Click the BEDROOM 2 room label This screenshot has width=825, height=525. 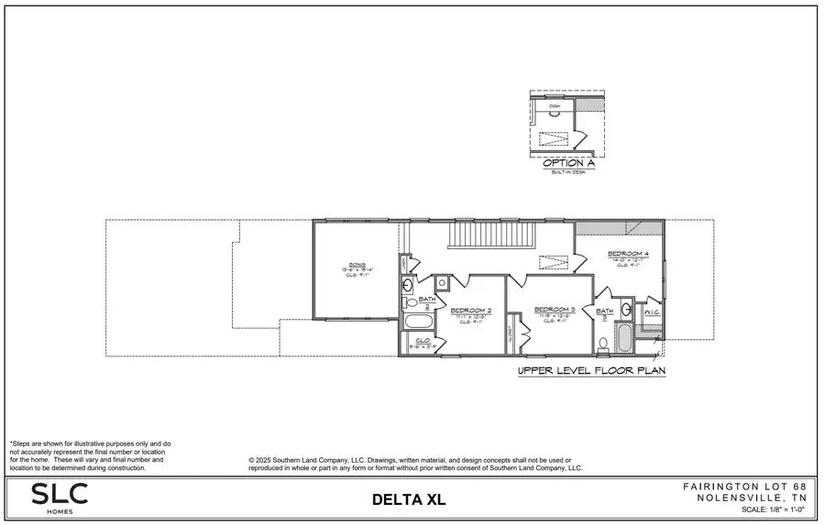[x=471, y=311]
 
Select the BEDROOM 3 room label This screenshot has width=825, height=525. [x=554, y=310]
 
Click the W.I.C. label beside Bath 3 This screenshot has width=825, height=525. [x=653, y=312]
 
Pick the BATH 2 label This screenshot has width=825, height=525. [x=427, y=300]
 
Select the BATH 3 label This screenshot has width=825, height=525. [x=605, y=312]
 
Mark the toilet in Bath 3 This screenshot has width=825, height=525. [x=603, y=345]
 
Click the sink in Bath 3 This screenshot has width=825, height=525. [x=625, y=309]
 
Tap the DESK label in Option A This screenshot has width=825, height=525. [x=554, y=107]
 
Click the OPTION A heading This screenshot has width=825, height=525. [x=563, y=163]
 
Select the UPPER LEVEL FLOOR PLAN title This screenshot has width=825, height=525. [x=591, y=371]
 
